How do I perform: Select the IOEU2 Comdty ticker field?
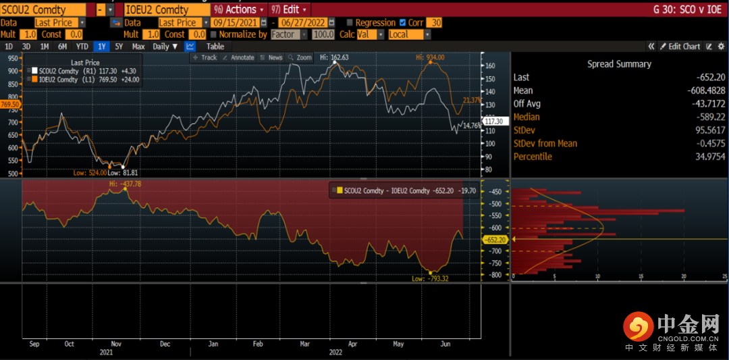pyautogui.click(x=166, y=9)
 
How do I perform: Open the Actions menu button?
pyautogui.click(x=236, y=9)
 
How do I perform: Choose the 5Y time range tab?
pyautogui.click(x=119, y=47)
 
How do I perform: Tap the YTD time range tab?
pyautogui.click(x=82, y=47)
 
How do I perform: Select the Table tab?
pyautogui.click(x=215, y=47)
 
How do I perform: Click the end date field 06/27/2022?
pyautogui.click(x=308, y=22)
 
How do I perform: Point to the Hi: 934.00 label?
pyautogui.click(x=429, y=57)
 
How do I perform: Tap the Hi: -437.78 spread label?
pyautogui.click(x=126, y=184)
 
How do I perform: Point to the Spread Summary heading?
pyautogui.click(x=619, y=64)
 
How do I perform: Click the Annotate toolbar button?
pyautogui.click(x=238, y=57)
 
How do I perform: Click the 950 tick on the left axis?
pyautogui.click(x=12, y=58)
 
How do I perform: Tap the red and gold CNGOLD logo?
pyautogui.click(x=637, y=327)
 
